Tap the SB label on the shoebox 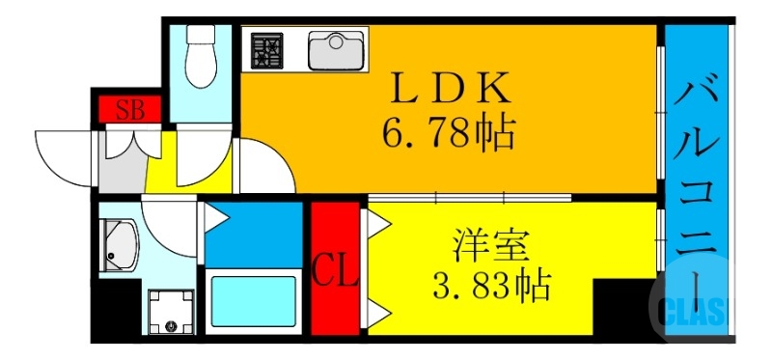click(x=130, y=109)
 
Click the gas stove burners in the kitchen click(x=269, y=50)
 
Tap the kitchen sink click(x=337, y=50)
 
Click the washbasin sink click(x=120, y=247)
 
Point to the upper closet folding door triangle click(x=375, y=225)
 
